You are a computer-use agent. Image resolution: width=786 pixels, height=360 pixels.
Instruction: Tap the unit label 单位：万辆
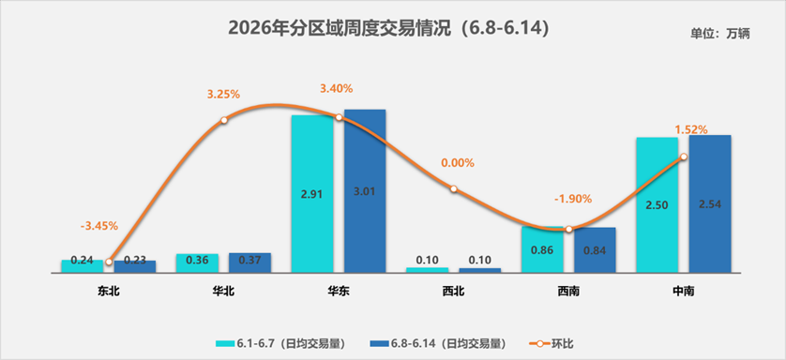(720, 34)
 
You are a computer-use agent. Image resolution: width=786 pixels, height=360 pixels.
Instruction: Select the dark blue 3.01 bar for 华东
(365, 190)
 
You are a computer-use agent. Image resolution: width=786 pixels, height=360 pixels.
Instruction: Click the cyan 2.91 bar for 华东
(311, 194)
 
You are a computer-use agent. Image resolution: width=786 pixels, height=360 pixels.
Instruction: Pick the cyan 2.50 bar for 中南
(657, 204)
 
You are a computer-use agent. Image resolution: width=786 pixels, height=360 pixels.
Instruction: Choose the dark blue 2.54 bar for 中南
(710, 203)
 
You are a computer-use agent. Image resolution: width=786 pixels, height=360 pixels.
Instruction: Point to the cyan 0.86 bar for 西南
(542, 249)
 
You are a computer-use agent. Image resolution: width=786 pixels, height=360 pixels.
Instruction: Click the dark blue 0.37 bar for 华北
(249, 262)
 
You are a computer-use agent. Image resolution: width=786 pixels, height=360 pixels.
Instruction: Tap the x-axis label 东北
(108, 291)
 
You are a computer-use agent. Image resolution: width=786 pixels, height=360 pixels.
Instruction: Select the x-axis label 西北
(453, 291)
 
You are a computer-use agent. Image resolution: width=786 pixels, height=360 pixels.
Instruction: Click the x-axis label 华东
(339, 291)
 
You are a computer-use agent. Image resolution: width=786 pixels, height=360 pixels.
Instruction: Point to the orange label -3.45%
(99, 226)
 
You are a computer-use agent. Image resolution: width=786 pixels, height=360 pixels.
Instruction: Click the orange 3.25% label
(223, 94)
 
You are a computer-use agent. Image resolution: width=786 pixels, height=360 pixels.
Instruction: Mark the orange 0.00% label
(457, 163)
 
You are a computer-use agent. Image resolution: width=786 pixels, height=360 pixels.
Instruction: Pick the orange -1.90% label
(573, 199)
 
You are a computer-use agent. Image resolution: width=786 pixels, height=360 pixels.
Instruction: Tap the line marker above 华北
(224, 120)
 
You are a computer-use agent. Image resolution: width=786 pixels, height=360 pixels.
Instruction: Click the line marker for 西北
(453, 188)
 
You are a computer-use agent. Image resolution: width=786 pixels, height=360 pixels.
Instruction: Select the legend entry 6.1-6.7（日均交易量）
(280, 344)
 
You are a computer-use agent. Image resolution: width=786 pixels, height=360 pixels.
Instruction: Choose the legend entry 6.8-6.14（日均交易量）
(437, 344)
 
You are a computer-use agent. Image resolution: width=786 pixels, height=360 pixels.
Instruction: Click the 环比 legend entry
(552, 344)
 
